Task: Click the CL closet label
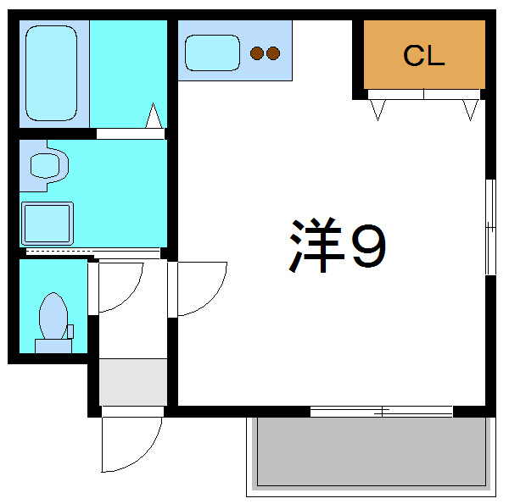pos(423,57)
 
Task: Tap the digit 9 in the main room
pos(368,247)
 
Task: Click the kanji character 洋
pos(315,247)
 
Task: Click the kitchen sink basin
pos(213,53)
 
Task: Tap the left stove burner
pos(257,53)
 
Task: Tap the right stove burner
pos(273,53)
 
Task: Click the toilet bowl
pos(53,316)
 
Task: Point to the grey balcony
pos(370,452)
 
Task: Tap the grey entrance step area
pos(132,381)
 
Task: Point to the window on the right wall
pos(489,226)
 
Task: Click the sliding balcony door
pos(382,412)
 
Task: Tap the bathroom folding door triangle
pos(154,117)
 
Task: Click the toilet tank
pos(53,345)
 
